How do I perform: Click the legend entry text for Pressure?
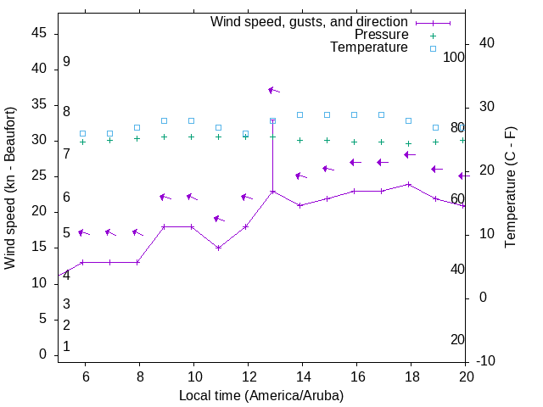[x=381, y=35]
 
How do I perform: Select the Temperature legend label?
[x=369, y=47]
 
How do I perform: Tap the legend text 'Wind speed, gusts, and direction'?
[x=310, y=22]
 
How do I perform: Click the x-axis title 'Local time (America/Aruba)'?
[x=261, y=395]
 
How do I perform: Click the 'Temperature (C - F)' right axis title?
[x=510, y=188]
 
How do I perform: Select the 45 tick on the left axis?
[x=39, y=33]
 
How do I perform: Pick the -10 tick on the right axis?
[x=486, y=361]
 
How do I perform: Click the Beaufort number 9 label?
[x=66, y=62]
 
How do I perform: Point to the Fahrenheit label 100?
[x=455, y=58]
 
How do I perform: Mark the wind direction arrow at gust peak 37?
[x=273, y=90]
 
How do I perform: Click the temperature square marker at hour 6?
[x=83, y=134]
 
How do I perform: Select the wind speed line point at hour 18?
[x=409, y=184]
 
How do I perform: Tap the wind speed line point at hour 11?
[x=219, y=248]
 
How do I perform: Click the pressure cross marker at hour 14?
[x=300, y=140]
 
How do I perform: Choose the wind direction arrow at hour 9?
[x=165, y=198]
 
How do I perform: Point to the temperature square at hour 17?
[x=382, y=114]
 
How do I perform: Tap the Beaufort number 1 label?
[x=66, y=347]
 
